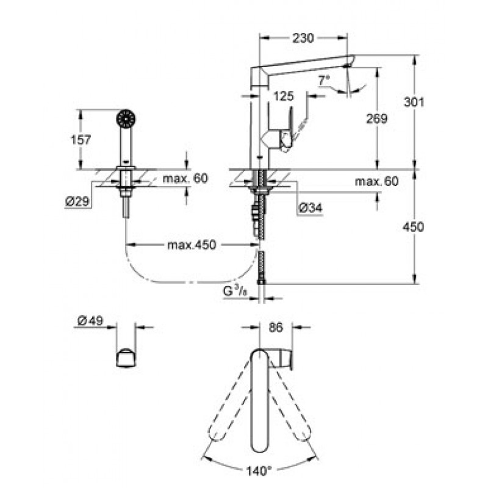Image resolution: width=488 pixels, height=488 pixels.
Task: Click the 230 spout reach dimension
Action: [x=303, y=38]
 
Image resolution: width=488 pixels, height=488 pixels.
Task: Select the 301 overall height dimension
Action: [x=414, y=102]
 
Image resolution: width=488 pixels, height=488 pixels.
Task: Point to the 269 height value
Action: [x=376, y=118]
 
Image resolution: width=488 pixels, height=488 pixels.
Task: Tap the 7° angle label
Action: [x=324, y=81]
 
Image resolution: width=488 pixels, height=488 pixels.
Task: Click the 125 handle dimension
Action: [x=284, y=96]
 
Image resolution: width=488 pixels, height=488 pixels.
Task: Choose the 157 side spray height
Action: [x=81, y=140]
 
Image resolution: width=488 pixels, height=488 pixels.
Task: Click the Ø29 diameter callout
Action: [x=77, y=202]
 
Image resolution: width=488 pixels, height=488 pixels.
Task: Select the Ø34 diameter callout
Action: [x=310, y=208]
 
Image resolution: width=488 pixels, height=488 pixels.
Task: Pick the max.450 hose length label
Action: [x=192, y=245]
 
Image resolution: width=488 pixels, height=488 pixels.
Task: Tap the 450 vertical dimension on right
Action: [x=414, y=226]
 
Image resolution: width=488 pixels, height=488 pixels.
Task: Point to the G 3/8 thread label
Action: [x=234, y=292]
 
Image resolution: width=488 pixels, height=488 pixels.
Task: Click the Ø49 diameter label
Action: [x=90, y=320]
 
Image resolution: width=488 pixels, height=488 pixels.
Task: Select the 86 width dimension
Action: [x=276, y=328]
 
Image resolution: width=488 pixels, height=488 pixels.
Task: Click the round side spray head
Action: [x=126, y=118]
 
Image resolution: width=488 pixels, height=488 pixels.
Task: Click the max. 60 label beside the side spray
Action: [x=185, y=179]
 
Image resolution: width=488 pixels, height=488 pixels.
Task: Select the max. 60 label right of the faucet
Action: [x=376, y=181]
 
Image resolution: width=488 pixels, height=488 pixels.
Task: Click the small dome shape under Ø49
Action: [x=126, y=358]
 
